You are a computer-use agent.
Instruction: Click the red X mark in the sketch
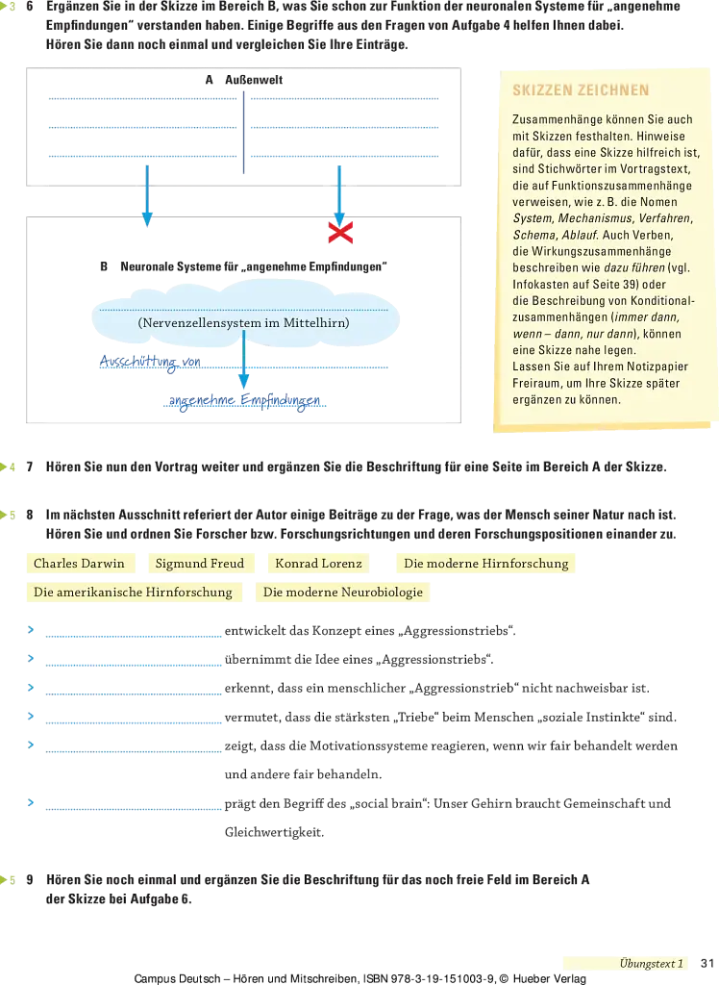click(x=340, y=233)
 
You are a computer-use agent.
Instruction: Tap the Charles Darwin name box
click(x=80, y=564)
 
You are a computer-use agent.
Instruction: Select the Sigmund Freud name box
click(x=200, y=564)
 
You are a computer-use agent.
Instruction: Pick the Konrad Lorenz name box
click(x=318, y=564)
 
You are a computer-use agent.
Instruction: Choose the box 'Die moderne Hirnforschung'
click(x=486, y=564)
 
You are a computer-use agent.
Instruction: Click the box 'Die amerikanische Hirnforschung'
click(x=133, y=593)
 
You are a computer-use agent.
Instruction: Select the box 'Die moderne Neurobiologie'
click(x=343, y=593)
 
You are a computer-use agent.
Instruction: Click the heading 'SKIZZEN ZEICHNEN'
click(x=581, y=90)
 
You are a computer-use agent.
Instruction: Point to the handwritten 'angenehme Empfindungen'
click(x=244, y=401)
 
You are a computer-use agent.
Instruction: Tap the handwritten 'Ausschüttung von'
click(x=150, y=363)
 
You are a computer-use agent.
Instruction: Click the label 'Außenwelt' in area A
click(x=254, y=80)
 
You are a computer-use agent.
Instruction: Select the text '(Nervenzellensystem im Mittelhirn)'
click(x=243, y=323)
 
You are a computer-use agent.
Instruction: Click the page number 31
click(x=707, y=963)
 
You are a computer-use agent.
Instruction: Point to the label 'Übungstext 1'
click(x=651, y=964)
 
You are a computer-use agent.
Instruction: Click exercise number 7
click(x=30, y=467)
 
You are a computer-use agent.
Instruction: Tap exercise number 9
click(x=30, y=879)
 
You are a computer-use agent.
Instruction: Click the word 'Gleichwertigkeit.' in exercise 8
click(x=274, y=832)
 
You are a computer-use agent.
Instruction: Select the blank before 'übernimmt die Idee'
click(x=134, y=665)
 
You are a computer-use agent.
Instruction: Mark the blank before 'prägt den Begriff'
click(x=134, y=808)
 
